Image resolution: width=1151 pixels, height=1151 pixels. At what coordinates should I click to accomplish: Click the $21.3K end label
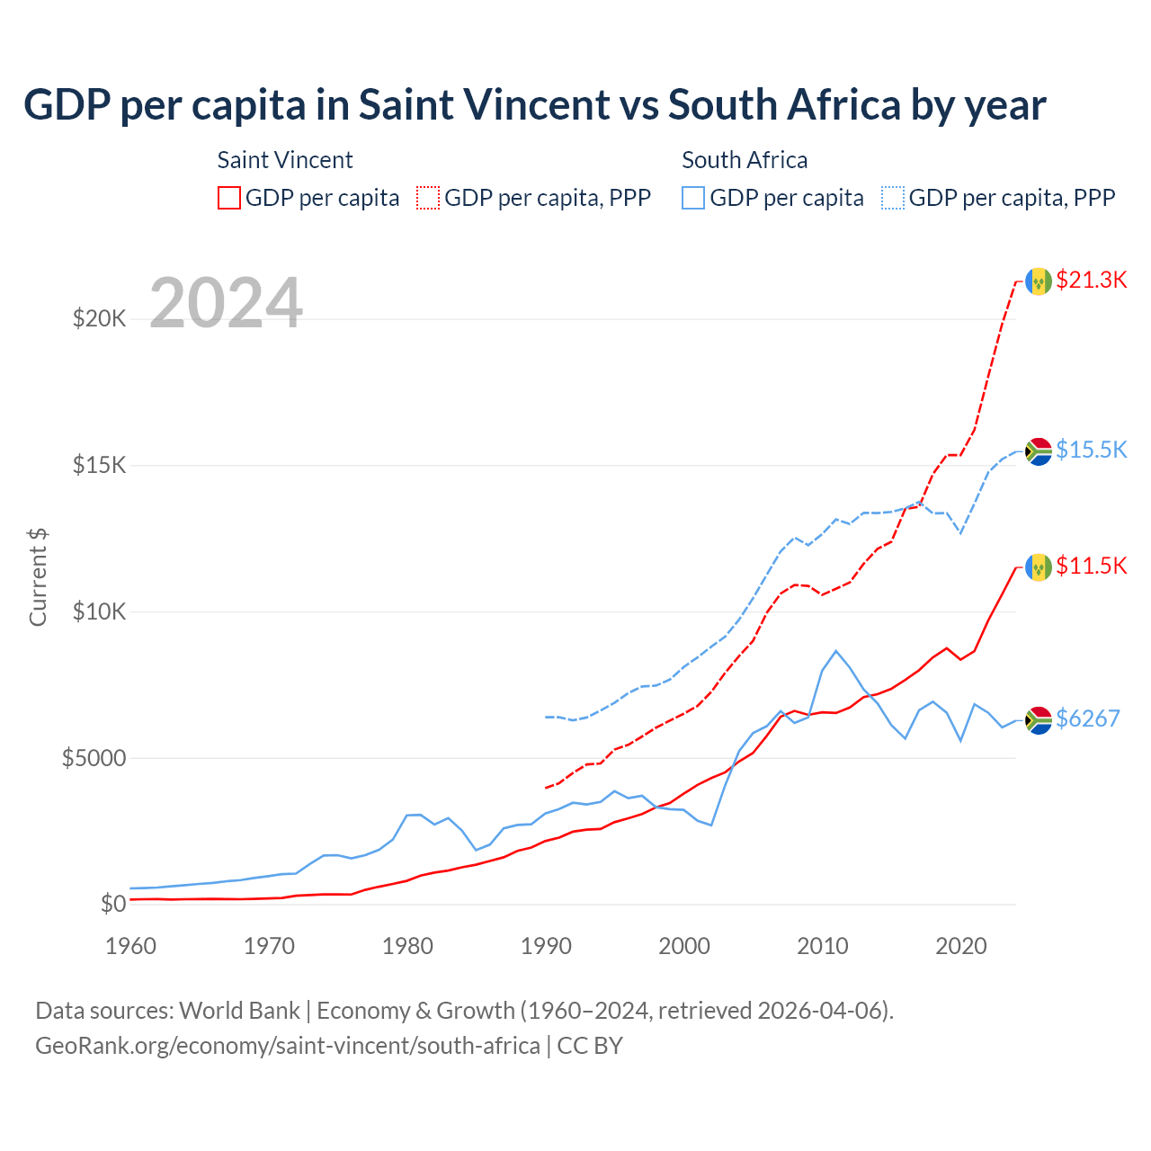[x=1091, y=280]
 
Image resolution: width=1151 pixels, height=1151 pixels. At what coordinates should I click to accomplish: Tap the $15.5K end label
[x=1091, y=450]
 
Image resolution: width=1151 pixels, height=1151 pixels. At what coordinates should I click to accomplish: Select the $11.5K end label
[x=1091, y=566]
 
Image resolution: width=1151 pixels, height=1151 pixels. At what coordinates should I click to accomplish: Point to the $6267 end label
[x=1087, y=718]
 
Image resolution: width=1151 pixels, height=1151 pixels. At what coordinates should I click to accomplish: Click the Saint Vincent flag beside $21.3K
[x=1039, y=281]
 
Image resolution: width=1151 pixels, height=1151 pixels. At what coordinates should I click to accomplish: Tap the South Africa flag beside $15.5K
[x=1039, y=451]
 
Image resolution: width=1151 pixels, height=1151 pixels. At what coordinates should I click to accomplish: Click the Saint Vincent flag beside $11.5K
[x=1039, y=567]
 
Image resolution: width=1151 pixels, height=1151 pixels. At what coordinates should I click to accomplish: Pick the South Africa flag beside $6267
[x=1039, y=720]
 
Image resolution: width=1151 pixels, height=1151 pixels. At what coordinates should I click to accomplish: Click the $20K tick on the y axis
[x=99, y=318]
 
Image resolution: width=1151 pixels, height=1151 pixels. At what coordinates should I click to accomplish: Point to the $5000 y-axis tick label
[x=94, y=758]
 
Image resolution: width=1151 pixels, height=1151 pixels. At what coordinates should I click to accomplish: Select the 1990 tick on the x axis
[x=546, y=946]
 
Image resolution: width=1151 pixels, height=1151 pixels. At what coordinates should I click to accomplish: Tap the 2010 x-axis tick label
[x=823, y=946]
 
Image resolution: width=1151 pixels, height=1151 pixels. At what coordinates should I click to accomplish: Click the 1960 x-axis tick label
[x=131, y=946]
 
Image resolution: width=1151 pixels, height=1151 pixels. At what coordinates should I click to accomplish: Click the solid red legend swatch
[x=229, y=198]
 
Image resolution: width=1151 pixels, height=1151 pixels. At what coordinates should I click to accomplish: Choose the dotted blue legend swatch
[x=893, y=198]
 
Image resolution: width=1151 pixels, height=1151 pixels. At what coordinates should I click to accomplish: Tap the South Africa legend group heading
[x=745, y=160]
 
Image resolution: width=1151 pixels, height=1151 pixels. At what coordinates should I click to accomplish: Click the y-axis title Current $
[x=38, y=577]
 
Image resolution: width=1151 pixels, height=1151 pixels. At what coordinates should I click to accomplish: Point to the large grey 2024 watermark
[x=226, y=303]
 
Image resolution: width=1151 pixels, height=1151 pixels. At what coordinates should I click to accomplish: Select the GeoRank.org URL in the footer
[x=288, y=1046]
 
